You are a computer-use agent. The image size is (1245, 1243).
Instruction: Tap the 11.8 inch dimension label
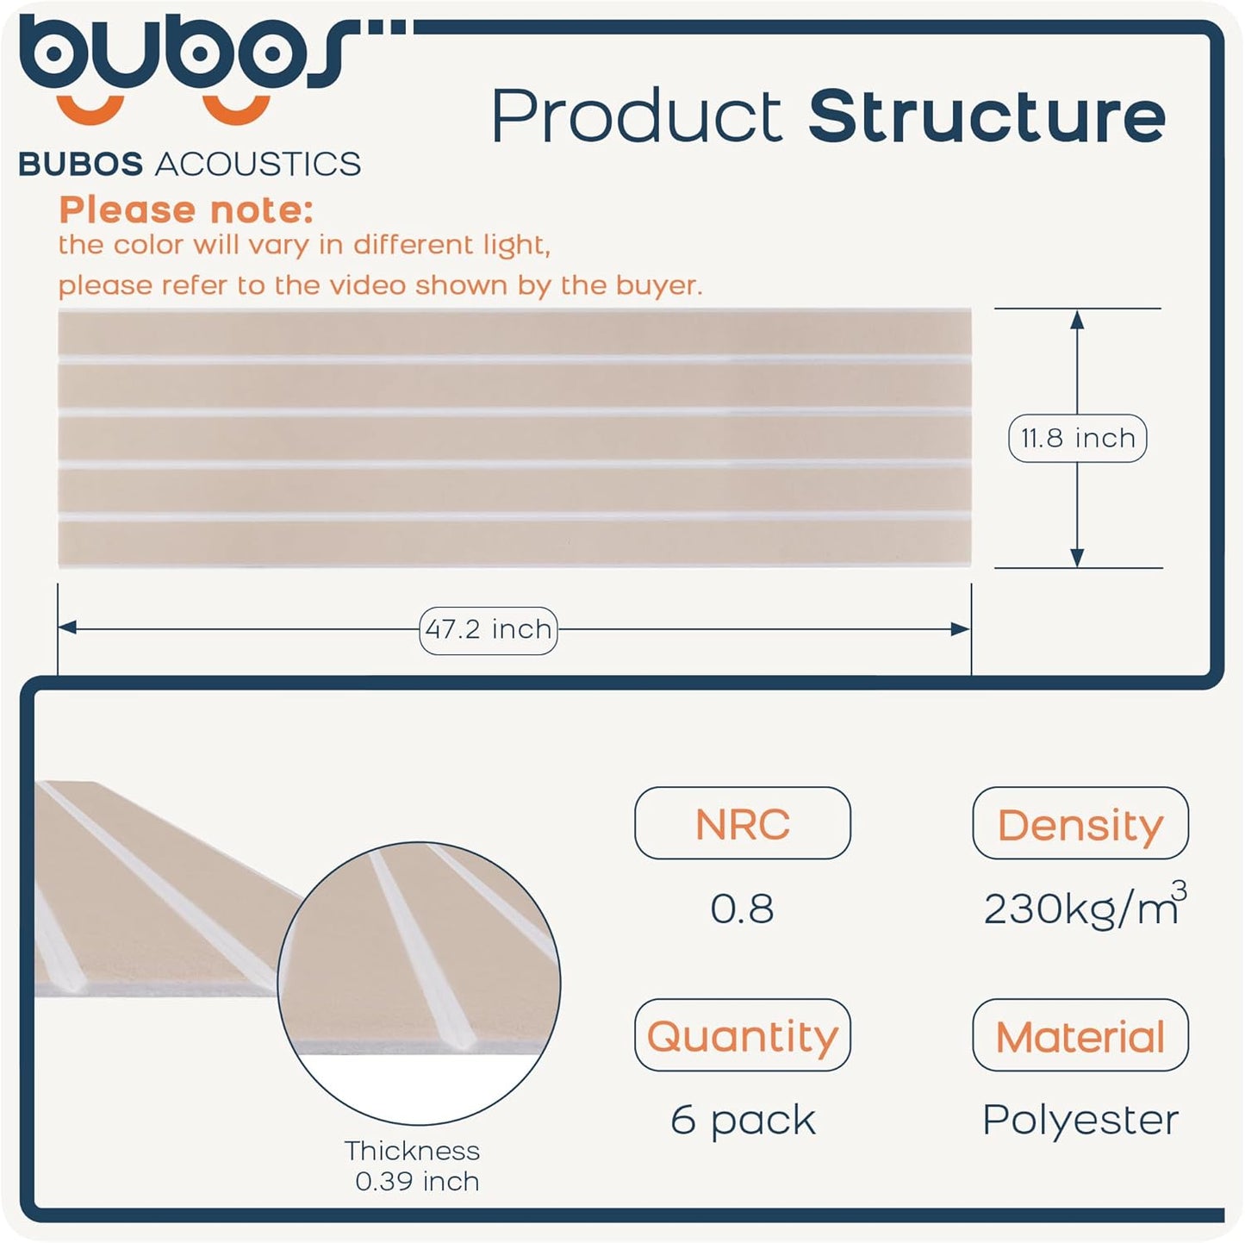1077,438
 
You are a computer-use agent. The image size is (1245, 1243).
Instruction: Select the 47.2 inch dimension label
489,629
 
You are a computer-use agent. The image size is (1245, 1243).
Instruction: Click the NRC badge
742,823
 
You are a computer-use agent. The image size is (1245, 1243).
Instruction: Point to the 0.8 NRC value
742,909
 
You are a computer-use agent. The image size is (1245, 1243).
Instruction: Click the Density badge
1080,823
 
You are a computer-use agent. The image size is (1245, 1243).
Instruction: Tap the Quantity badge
742,1035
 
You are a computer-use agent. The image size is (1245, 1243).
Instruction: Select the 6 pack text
742,1121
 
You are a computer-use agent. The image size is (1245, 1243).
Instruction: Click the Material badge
1080,1035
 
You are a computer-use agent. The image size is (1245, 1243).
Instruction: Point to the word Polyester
1080,1121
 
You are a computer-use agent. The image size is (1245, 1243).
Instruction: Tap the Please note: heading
186,209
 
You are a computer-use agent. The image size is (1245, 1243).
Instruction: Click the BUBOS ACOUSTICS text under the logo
190,164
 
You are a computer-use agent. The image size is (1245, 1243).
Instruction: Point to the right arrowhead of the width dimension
961,629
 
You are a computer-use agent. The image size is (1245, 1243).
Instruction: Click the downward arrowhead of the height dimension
1076,557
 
